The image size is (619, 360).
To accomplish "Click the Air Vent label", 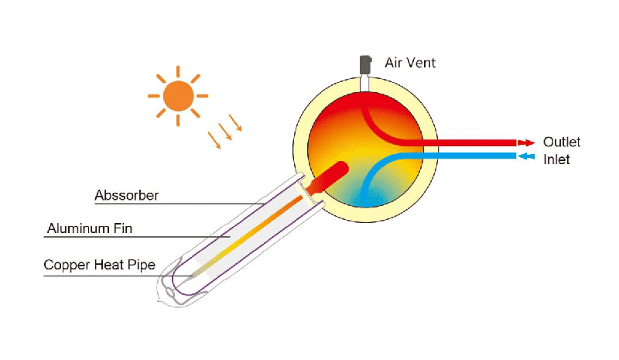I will click(x=410, y=63).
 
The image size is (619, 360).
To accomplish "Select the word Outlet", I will click(x=562, y=142).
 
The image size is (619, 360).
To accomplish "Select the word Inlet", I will click(x=556, y=159).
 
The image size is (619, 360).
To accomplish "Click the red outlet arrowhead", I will click(x=526, y=143).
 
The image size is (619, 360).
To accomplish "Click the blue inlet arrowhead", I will click(x=525, y=156).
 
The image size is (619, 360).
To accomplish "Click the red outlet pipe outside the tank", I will click(x=472, y=143).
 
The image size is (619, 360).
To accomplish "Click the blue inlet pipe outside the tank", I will click(x=472, y=156).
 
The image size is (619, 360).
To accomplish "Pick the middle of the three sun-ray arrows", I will click(x=224, y=132).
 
